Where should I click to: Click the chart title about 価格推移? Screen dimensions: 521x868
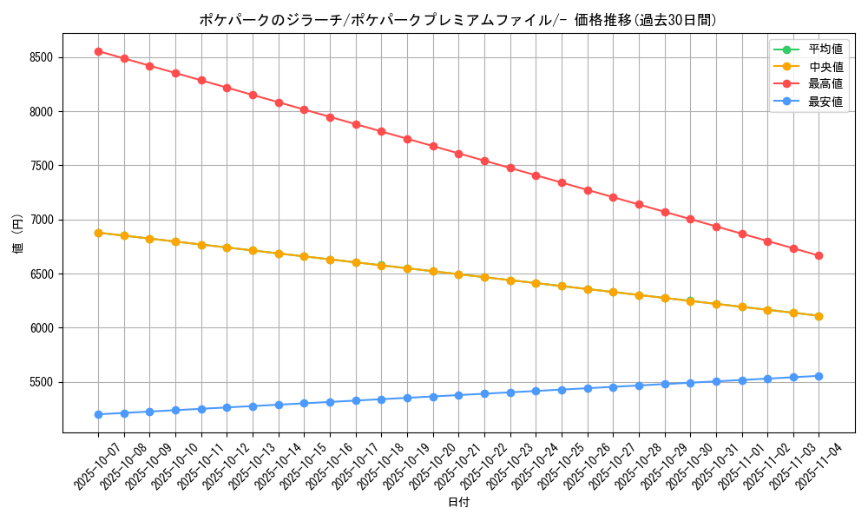coord(457,20)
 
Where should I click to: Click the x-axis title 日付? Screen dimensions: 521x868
coord(457,503)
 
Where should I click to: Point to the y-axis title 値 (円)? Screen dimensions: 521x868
coord(17,234)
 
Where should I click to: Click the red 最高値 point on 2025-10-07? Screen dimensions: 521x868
coord(98,51)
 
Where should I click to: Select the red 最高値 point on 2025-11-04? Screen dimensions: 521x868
coord(819,255)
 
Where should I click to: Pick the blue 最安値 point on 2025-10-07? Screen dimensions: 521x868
coord(98,414)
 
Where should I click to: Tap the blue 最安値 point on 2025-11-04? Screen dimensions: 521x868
coord(819,376)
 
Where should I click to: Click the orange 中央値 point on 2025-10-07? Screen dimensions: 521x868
coord(98,233)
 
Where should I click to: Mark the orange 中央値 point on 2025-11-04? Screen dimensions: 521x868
coord(819,316)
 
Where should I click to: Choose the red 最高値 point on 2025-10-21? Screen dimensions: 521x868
coord(458,154)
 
